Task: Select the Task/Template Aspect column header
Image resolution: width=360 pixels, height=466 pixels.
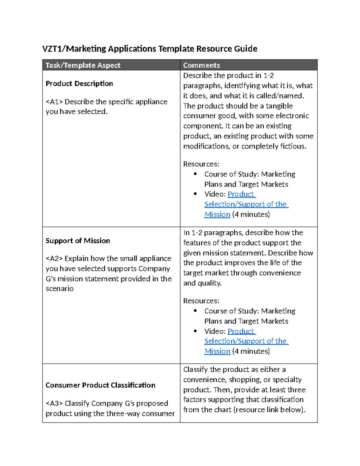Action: point(83,65)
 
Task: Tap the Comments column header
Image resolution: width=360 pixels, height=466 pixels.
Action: point(201,65)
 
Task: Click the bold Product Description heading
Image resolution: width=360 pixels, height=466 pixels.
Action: point(79,83)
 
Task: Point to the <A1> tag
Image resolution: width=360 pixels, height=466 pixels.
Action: point(54,102)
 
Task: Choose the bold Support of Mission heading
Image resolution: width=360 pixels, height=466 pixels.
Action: point(78,241)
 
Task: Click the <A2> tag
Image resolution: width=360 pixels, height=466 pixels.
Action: point(54,258)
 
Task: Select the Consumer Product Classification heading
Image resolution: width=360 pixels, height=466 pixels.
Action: point(100,385)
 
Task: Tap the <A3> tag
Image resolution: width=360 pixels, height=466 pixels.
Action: point(54,403)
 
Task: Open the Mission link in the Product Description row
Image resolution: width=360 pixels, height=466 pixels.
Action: point(217,214)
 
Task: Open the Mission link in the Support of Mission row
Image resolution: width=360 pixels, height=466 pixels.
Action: point(217,351)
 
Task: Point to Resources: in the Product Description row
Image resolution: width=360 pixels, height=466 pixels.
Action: point(201,164)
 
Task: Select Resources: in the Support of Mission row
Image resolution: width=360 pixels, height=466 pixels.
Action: point(201,301)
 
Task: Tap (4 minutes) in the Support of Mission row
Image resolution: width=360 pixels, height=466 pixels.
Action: point(251,351)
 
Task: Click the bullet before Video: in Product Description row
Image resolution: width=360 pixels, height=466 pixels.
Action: point(195,194)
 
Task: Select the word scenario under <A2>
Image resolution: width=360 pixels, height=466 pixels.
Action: point(59,289)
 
